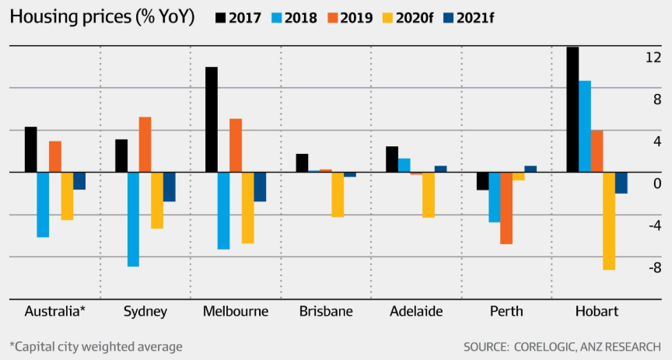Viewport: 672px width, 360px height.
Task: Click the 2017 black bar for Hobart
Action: [x=572, y=110]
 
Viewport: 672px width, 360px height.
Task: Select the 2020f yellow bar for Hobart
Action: [x=609, y=221]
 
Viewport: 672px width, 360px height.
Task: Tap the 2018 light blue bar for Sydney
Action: [x=133, y=219]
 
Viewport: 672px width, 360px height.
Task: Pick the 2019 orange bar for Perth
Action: [x=506, y=208]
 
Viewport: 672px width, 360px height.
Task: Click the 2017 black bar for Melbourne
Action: [x=211, y=120]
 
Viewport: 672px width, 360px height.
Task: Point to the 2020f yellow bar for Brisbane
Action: [x=338, y=194]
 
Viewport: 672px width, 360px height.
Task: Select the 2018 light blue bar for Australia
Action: [x=43, y=204]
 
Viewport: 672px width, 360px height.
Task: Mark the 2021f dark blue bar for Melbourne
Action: [x=260, y=187]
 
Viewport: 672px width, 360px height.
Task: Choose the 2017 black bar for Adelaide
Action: [x=392, y=159]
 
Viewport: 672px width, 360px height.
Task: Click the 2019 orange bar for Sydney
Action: [x=145, y=145]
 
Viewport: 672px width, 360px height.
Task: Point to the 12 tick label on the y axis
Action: [x=652, y=57]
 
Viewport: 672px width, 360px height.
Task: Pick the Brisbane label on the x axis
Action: [x=326, y=312]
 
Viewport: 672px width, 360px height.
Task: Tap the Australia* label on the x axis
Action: [x=55, y=312]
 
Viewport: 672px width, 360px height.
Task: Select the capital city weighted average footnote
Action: [x=96, y=346]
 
